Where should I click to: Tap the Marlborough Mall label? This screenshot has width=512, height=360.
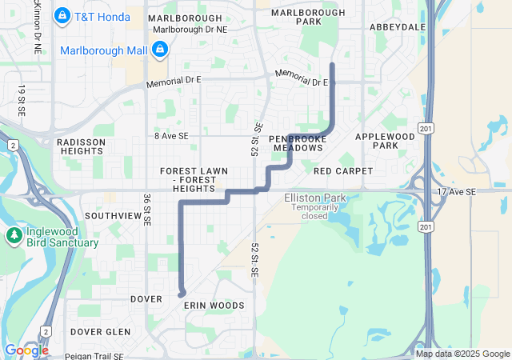(x=103, y=50)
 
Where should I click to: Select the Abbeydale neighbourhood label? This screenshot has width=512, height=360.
(x=398, y=26)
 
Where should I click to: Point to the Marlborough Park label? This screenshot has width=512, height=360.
(x=296, y=17)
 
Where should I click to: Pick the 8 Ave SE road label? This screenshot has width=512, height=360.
(x=171, y=137)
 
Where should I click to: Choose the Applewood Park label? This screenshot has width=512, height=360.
(x=375, y=142)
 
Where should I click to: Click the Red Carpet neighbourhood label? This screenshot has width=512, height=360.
(x=343, y=171)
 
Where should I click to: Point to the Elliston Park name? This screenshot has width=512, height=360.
(x=314, y=197)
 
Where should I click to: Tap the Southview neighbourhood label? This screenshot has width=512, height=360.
(x=113, y=216)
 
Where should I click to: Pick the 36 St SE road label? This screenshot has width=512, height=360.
(x=147, y=210)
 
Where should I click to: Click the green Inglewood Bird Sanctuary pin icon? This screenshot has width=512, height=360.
(x=14, y=235)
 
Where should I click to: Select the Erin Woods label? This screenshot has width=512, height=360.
(x=214, y=306)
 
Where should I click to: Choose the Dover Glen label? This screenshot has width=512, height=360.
(x=100, y=331)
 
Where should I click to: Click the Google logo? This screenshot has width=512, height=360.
(x=26, y=350)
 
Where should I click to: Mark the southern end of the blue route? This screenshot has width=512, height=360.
(x=182, y=294)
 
